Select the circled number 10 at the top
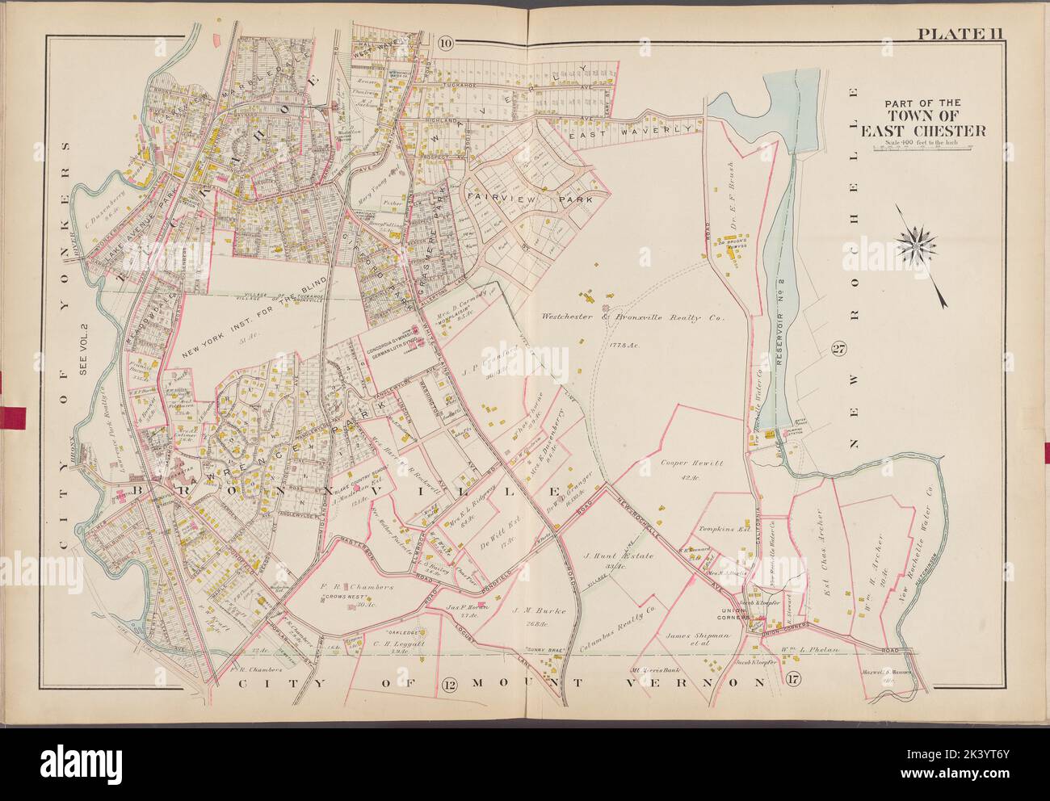[x=446, y=43]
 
